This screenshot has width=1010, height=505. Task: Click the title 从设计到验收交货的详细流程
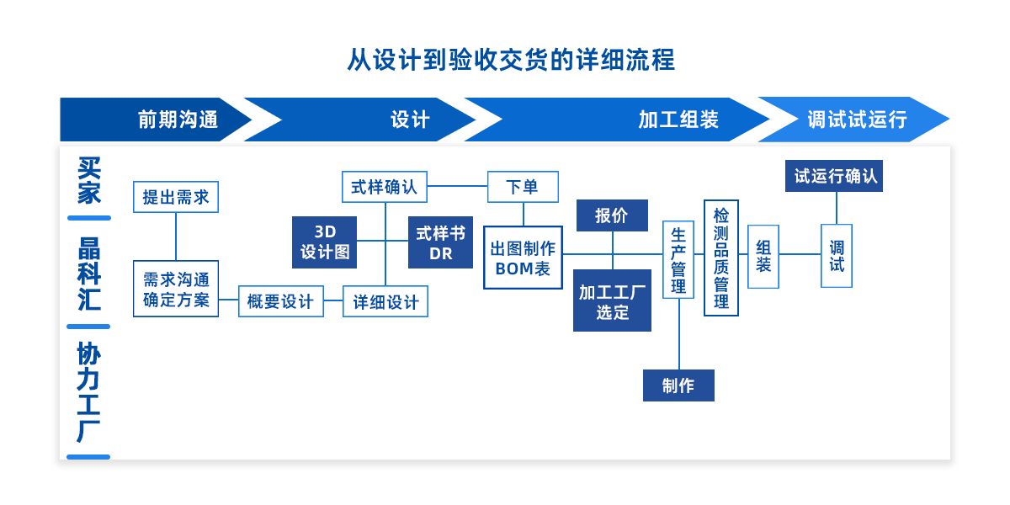pyautogui.click(x=510, y=61)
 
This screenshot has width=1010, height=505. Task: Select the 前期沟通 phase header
pyautogui.click(x=178, y=120)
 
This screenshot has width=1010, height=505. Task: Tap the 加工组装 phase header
pyautogui.click(x=678, y=120)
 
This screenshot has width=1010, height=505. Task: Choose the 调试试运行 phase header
pyautogui.click(x=857, y=120)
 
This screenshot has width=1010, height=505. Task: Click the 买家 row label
pyautogui.click(x=88, y=180)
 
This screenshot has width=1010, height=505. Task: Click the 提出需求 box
pyautogui.click(x=176, y=197)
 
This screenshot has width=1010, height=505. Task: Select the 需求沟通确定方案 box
pyautogui.click(x=176, y=289)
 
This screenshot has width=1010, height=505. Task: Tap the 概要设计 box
pyautogui.click(x=280, y=301)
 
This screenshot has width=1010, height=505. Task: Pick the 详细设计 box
pyautogui.click(x=385, y=301)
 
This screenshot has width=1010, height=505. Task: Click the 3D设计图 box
pyautogui.click(x=324, y=242)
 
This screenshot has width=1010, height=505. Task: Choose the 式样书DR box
pyautogui.click(x=440, y=242)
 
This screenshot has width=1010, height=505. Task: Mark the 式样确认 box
pyautogui.click(x=385, y=187)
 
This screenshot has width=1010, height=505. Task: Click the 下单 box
pyautogui.click(x=523, y=187)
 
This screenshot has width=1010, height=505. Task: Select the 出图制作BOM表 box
pyautogui.click(x=523, y=258)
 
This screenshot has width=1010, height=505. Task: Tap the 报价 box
pyautogui.click(x=612, y=215)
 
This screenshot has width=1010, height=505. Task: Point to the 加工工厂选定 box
pyautogui.click(x=612, y=301)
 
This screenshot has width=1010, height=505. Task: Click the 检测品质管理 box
pyautogui.click(x=721, y=258)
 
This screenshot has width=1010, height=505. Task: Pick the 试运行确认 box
pyautogui.click(x=834, y=176)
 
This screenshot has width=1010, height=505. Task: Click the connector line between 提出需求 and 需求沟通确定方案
pyautogui.click(x=176, y=237)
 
